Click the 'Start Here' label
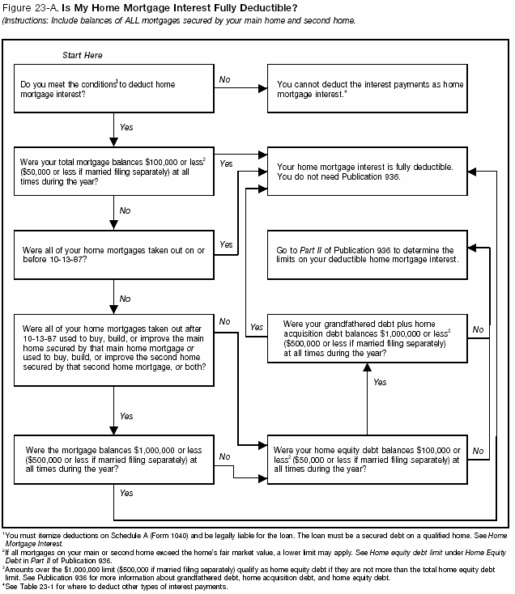[82, 55]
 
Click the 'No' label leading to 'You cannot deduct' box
[226, 78]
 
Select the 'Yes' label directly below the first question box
[126, 127]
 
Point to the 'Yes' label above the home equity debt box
[380, 382]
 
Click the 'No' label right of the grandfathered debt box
[478, 329]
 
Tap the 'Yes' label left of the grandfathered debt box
[257, 327]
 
